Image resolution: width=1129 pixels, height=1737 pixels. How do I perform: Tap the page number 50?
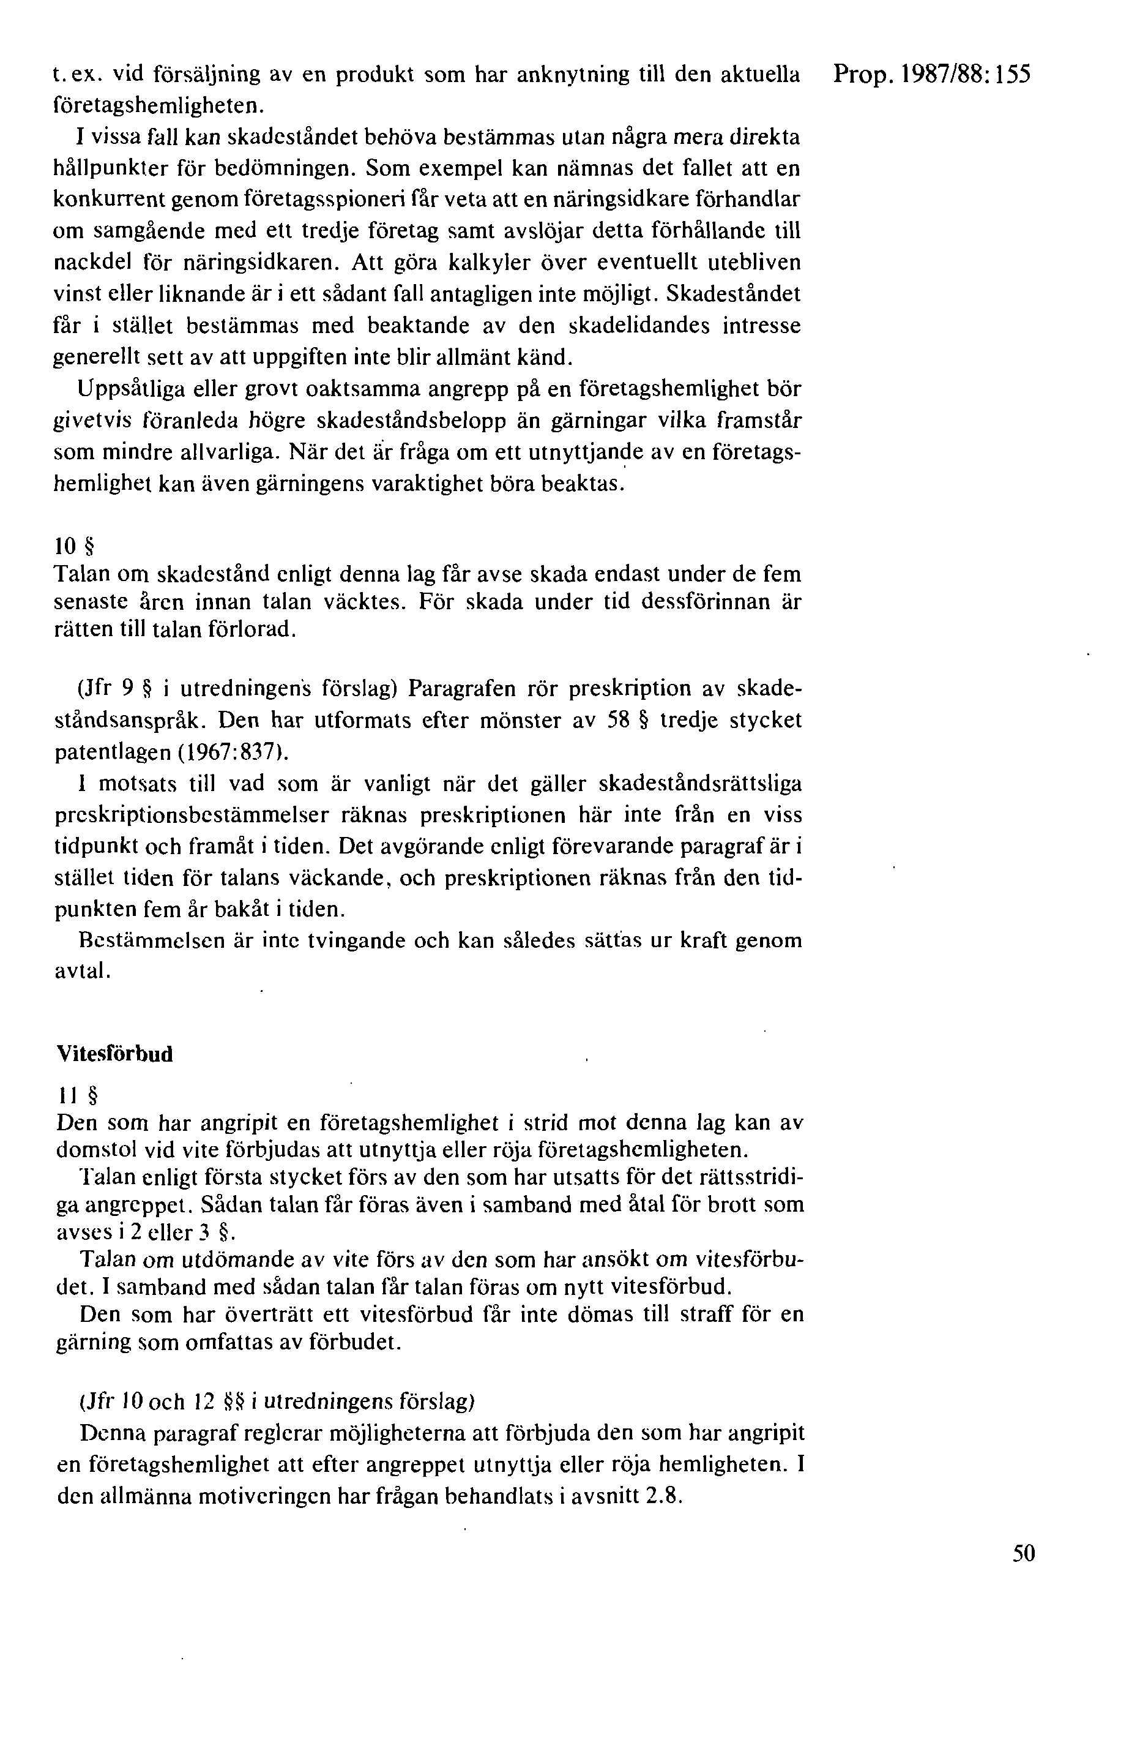coord(1024,1552)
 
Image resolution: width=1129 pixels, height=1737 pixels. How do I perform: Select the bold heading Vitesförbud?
coord(114,1054)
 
